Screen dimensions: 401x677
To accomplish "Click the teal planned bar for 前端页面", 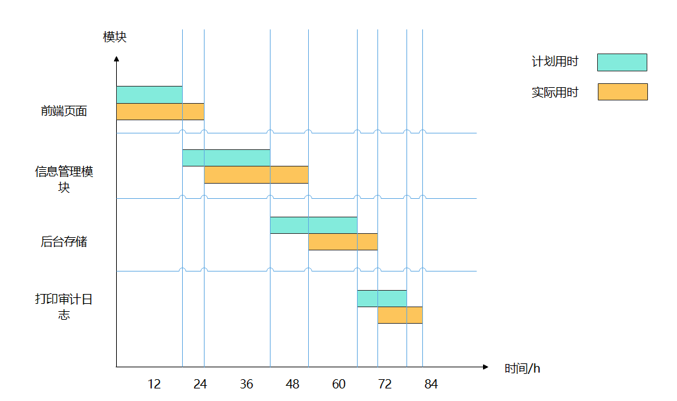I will (149, 94).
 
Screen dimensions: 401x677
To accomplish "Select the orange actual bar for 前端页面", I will (160, 112).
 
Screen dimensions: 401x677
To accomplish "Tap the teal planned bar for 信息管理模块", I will (226, 158).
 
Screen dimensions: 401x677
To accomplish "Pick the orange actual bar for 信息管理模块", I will (256, 174).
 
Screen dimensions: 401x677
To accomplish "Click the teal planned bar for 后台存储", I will (313, 225).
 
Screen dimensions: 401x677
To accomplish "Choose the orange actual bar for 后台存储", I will (342, 242).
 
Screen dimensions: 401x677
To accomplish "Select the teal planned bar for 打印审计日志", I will (382, 299).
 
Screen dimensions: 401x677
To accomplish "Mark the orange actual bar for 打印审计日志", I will (400, 315).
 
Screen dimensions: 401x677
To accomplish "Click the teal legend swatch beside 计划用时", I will (622, 62).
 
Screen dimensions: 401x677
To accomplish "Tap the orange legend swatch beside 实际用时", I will (622, 92).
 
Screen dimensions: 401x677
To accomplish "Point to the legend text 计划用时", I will (555, 62).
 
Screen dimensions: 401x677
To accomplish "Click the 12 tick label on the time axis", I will (154, 384).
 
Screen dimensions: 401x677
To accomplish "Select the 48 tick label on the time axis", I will (292, 384).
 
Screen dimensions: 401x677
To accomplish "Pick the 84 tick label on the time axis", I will (431, 384).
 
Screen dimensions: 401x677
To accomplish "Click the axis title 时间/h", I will (523, 369).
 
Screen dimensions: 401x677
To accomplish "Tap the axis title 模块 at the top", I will (115, 37).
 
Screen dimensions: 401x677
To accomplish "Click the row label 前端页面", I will (64, 111).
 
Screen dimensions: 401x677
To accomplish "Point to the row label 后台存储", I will (64, 242).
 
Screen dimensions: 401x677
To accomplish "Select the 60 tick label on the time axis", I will (338, 384).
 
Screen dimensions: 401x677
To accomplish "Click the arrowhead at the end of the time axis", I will (486, 367).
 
